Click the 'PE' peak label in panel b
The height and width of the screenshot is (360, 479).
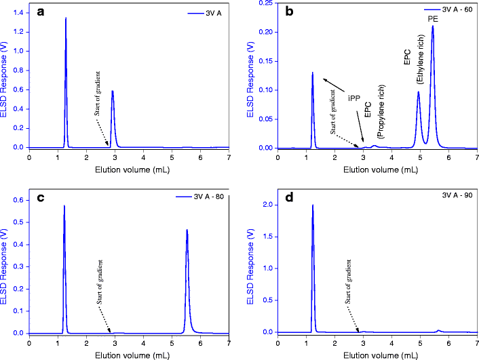coord(432,20)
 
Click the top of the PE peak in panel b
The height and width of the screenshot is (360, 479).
coord(432,26)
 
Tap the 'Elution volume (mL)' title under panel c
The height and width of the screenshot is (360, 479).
coord(129,354)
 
